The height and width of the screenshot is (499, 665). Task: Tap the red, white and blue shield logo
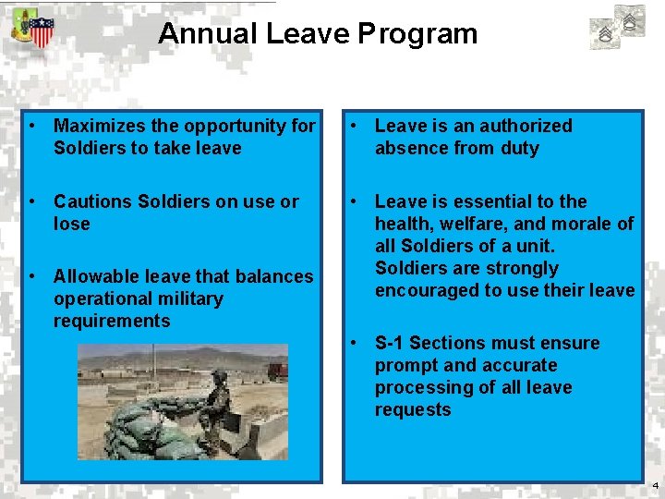[x=42, y=32]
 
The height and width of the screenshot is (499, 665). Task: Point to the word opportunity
[x=236, y=126]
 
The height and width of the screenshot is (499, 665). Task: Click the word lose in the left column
[x=72, y=224]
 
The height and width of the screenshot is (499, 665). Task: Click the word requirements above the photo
[x=112, y=321]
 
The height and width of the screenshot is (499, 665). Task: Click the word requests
[x=413, y=409]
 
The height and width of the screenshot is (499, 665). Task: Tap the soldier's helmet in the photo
[x=219, y=377]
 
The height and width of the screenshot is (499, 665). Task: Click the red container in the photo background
[x=278, y=372]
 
